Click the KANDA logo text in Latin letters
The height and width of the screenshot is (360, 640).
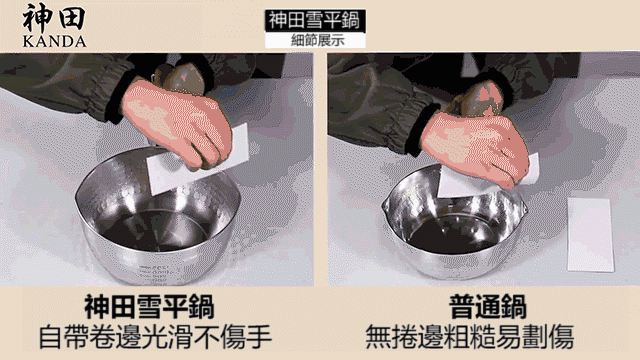54,41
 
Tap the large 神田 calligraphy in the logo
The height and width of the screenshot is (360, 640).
54,18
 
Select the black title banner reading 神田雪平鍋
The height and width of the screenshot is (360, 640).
314,20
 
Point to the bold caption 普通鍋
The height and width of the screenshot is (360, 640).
488,306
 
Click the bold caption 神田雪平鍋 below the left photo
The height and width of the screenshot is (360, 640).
149,307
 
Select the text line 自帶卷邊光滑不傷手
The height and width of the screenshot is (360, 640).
156,337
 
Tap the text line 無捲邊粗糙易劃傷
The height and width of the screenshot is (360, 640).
470,337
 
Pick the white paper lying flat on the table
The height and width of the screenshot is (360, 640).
590,234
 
